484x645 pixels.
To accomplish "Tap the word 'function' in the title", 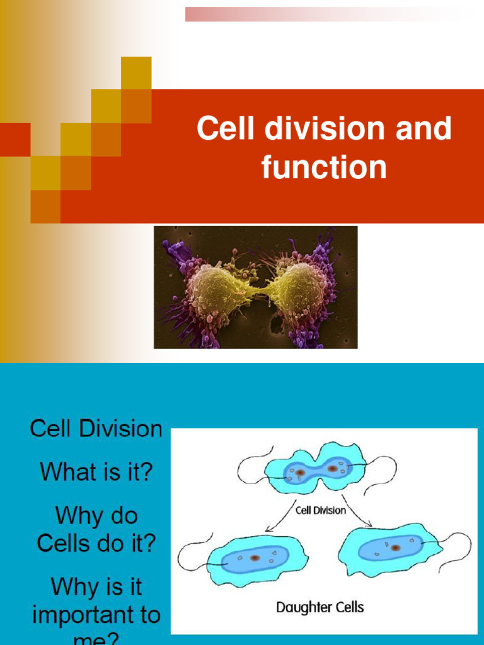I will pyautogui.click(x=324, y=168).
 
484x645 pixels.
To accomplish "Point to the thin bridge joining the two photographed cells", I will pyautogui.click(x=260, y=292).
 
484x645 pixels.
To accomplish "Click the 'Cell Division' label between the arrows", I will pyautogui.click(x=321, y=510).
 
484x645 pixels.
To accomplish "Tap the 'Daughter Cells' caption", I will pyautogui.click(x=320, y=607).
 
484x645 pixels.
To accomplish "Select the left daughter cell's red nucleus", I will pyautogui.click(x=254, y=557).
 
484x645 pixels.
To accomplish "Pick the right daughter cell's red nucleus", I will pyautogui.click(x=395, y=547).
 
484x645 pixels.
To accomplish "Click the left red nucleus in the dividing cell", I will pyautogui.click(x=301, y=472).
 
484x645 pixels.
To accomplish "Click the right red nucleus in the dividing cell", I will pyautogui.click(x=332, y=469).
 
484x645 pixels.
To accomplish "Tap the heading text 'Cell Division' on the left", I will pyautogui.click(x=96, y=429).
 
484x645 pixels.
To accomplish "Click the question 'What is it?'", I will pyautogui.click(x=96, y=471).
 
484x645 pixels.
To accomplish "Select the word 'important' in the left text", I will pyautogui.click(x=96, y=615).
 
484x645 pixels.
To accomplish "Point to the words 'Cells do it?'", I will pyautogui.click(x=96, y=543).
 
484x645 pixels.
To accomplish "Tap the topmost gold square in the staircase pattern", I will pyautogui.click(x=136, y=72).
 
